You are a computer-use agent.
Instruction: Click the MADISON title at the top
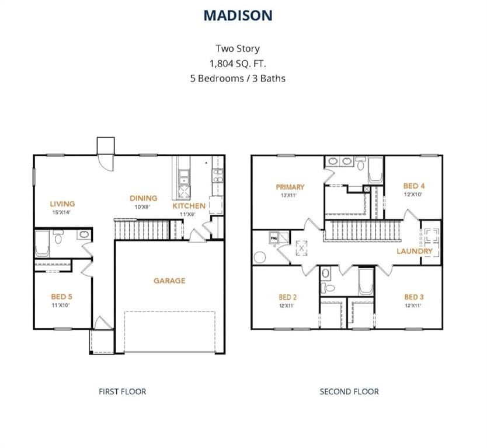238,16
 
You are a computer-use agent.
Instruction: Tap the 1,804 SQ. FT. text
238,63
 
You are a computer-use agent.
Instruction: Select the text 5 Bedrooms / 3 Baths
238,78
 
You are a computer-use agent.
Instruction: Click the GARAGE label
169,281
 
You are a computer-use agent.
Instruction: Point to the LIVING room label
62,204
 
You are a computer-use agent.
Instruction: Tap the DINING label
144,198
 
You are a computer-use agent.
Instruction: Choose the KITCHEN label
189,206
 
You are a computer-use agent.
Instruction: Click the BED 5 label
61,296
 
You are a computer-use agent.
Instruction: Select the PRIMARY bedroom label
290,187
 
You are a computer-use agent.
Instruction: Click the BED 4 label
414,186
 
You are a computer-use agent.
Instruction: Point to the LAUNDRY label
415,251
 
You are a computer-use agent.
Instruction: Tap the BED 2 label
288,297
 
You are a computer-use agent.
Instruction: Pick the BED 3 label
414,297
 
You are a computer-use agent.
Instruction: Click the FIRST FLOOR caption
122,391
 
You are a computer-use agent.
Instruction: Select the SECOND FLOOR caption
349,391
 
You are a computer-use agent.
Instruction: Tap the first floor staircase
140,230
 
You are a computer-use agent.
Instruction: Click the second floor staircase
362,230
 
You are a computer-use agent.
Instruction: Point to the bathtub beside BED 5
42,244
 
